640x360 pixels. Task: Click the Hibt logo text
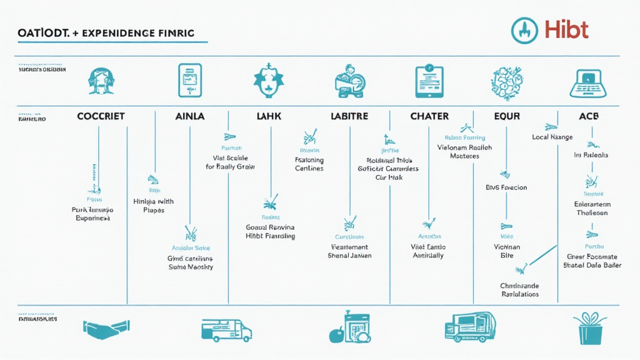(x=566, y=30)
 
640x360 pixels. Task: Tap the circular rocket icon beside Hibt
(x=524, y=30)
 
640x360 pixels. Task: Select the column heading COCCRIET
(x=101, y=116)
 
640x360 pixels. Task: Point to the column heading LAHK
(x=269, y=116)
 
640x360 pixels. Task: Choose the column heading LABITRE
(x=349, y=116)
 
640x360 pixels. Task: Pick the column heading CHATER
(x=429, y=116)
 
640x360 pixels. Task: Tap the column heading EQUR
(x=507, y=116)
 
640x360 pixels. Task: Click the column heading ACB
(x=589, y=116)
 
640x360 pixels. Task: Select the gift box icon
(x=589, y=328)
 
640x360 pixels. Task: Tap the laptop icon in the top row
(x=589, y=82)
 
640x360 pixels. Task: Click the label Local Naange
(x=552, y=137)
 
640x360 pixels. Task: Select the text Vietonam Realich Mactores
(x=464, y=152)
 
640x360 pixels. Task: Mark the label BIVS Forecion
(x=506, y=187)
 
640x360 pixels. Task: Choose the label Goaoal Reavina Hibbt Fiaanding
(x=270, y=232)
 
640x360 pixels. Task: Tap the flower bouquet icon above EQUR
(x=507, y=82)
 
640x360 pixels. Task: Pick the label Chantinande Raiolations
(x=519, y=289)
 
